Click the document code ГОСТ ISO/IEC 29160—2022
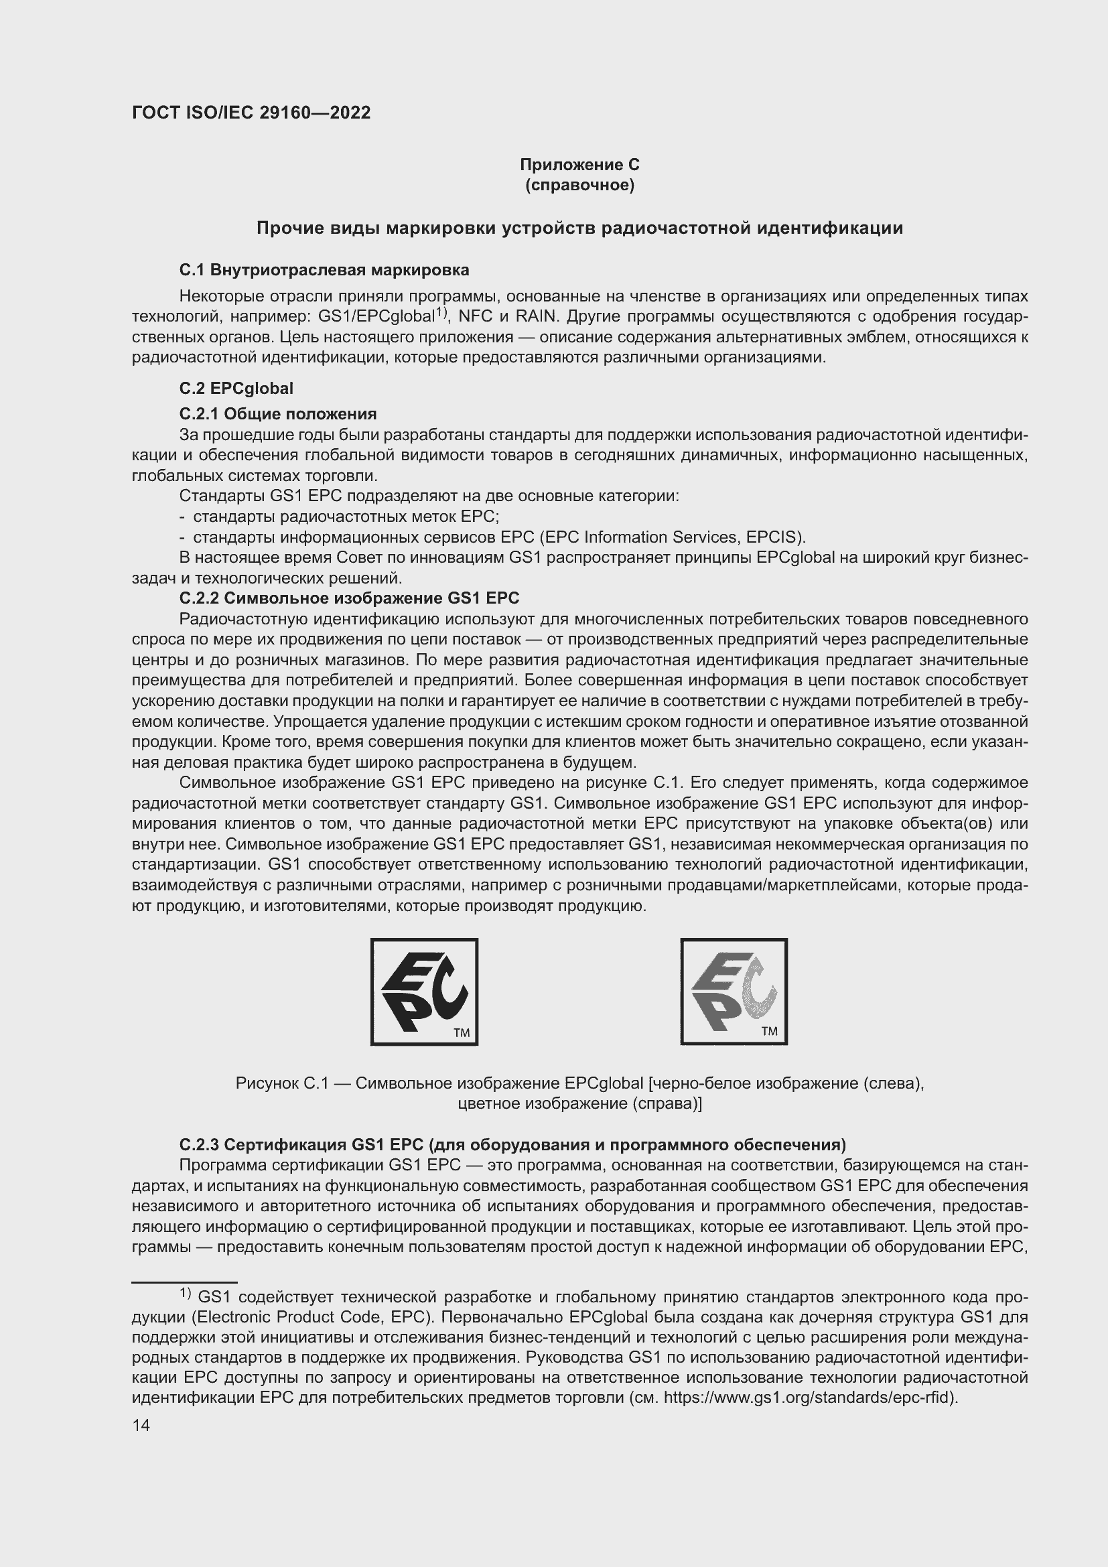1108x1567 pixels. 251,113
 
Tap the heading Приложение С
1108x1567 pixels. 579,165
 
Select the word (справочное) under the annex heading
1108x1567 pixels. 579,185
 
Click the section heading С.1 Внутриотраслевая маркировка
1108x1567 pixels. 324,270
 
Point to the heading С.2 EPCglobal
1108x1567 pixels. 236,389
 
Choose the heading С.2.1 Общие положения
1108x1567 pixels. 278,414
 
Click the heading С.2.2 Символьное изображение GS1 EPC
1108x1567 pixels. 348,598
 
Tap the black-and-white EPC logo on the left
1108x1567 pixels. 423,991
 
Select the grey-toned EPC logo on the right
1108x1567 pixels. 734,991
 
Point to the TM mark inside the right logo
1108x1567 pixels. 769,1031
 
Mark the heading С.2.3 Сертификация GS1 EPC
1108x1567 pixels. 512,1144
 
